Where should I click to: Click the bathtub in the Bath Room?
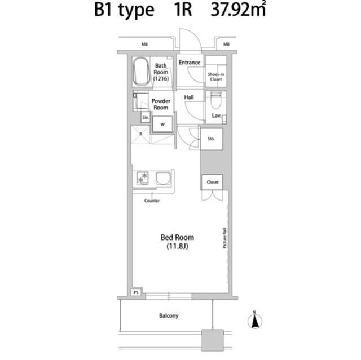(141, 72)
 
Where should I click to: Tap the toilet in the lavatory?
(216, 100)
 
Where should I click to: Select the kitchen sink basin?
(164, 179)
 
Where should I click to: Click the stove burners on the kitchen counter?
(143, 178)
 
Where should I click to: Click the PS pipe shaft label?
(136, 292)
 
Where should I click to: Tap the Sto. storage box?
(212, 139)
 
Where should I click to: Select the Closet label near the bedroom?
(213, 182)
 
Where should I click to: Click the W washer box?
(162, 125)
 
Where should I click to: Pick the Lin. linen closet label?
(146, 118)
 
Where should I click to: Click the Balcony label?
(169, 316)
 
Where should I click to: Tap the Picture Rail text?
(224, 238)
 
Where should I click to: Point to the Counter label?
(152, 201)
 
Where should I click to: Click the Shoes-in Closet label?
(216, 77)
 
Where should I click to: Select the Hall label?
(189, 97)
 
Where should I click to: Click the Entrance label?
(190, 63)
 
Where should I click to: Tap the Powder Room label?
(161, 104)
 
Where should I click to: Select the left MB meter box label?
(144, 44)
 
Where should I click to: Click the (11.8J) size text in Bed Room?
(177, 246)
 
